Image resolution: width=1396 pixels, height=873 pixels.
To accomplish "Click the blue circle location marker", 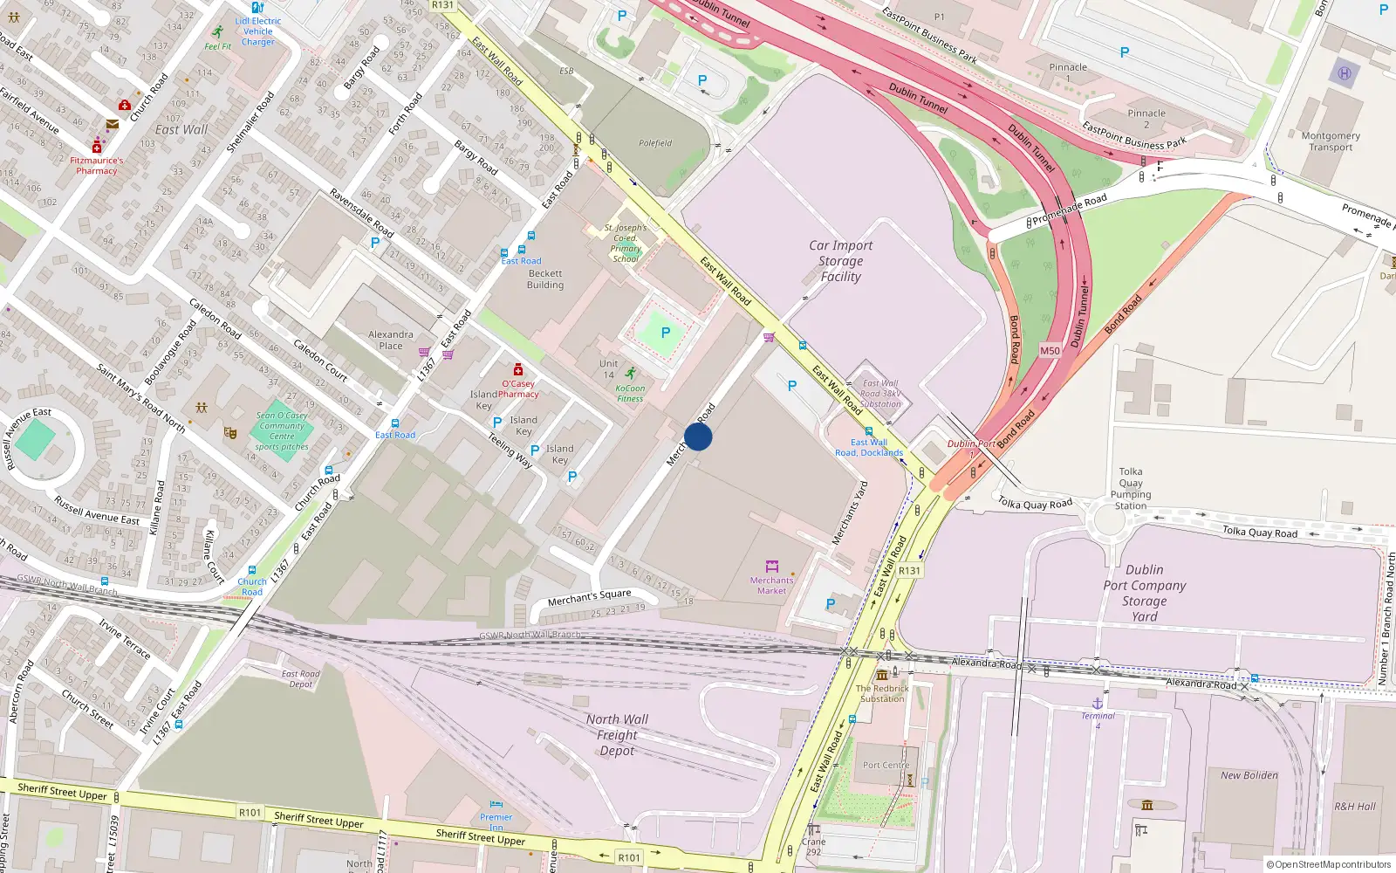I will click(698, 436).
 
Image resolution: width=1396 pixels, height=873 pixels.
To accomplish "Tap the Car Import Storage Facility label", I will click(840, 261).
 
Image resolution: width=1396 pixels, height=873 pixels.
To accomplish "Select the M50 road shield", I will click(1050, 351).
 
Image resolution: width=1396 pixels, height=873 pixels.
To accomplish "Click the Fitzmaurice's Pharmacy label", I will click(97, 166).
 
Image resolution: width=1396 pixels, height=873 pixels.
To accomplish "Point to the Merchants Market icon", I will click(771, 567).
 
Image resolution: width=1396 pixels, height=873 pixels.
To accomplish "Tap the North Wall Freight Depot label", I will click(617, 735).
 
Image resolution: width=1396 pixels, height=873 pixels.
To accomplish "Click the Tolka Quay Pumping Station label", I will click(1131, 489).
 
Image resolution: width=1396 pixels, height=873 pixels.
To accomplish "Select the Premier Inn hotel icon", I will click(496, 804).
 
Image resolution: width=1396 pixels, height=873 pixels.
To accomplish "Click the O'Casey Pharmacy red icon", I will click(518, 369).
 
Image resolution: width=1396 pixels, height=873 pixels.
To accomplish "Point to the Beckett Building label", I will click(545, 279).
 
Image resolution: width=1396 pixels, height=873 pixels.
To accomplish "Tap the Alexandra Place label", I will click(390, 340).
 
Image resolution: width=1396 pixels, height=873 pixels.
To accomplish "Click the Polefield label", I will click(655, 143).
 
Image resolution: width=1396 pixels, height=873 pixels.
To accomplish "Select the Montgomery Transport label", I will click(1331, 141).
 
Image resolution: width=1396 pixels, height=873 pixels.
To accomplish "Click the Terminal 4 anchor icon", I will click(1098, 703).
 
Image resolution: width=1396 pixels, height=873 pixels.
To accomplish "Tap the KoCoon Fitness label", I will click(630, 394).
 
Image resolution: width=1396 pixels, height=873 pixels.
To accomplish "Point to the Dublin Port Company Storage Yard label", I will click(1144, 593).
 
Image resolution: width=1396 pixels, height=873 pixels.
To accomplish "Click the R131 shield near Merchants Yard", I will click(909, 571).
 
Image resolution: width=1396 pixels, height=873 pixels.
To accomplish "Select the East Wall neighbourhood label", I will click(181, 129).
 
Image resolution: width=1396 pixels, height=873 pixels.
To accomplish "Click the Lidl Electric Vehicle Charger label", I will click(258, 31).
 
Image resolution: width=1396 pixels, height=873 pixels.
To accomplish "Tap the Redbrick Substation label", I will click(882, 693).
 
